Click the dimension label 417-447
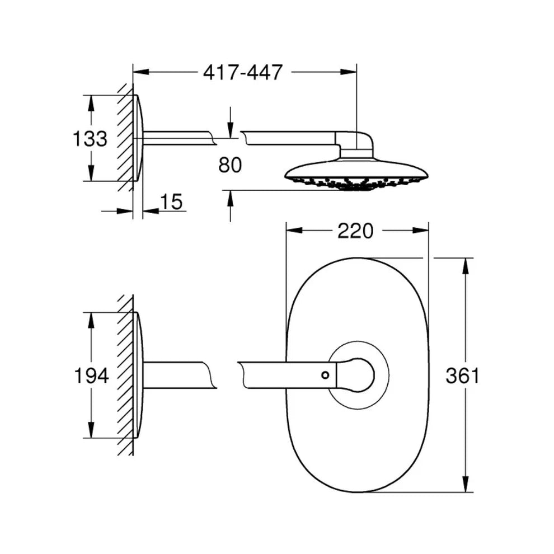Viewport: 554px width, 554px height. point(243,72)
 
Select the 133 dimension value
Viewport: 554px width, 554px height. point(90,138)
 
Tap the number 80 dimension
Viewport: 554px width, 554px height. point(230,165)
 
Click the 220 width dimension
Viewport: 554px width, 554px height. point(355,231)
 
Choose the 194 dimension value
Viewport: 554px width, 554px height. point(91,376)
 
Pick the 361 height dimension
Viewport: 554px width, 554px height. point(462,376)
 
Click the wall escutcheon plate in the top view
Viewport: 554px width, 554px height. point(138,138)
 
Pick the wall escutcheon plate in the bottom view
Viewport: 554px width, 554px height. point(138,375)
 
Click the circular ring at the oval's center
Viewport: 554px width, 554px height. point(358,350)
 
